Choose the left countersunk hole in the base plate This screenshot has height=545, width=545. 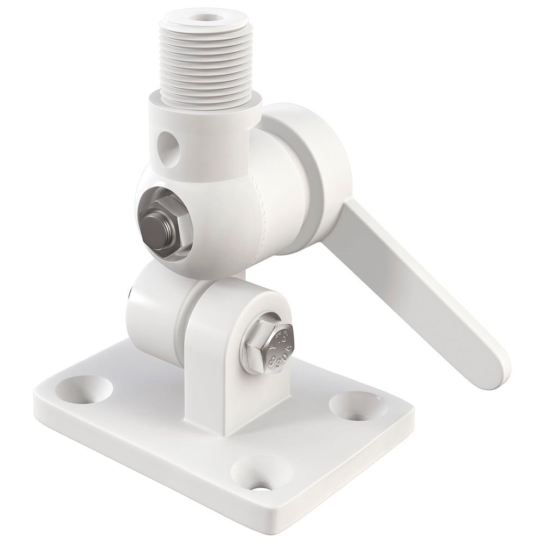coord(88,388)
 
